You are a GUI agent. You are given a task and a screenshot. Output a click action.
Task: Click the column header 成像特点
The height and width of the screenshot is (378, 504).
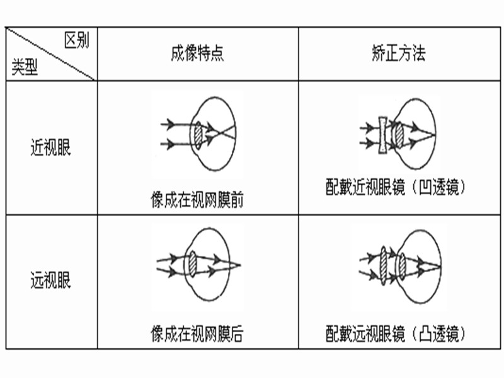click(x=197, y=53)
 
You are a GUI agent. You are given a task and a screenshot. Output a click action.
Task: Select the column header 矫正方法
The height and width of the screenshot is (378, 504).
click(x=399, y=53)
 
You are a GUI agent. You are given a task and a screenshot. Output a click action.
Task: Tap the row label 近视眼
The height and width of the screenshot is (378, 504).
click(x=50, y=147)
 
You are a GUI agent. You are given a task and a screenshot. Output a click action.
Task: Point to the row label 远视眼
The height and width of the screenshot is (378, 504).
click(x=50, y=280)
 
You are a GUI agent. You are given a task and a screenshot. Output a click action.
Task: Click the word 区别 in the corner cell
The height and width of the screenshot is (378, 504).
click(x=76, y=40)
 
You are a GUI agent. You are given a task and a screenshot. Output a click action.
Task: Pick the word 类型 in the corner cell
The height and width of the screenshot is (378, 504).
click(x=25, y=67)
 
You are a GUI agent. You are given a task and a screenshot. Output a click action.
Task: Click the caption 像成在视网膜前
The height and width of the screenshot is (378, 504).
click(x=197, y=200)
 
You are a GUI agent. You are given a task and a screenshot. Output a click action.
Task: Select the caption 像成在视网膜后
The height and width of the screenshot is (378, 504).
click(x=197, y=333)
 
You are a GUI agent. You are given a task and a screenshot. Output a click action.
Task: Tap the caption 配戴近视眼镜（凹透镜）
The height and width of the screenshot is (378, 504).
click(x=396, y=186)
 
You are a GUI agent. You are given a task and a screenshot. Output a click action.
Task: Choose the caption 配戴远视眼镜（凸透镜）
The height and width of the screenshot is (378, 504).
click(x=396, y=333)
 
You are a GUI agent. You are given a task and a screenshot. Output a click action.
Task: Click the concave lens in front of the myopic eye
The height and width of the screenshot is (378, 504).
click(x=382, y=135)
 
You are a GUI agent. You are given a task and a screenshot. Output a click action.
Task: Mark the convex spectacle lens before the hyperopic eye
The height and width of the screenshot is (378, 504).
click(x=383, y=265)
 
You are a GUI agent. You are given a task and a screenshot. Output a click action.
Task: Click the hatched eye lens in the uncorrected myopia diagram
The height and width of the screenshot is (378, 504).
click(x=198, y=135)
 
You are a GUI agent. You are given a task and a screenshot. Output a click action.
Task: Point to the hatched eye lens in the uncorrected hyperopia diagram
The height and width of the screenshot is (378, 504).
click(x=192, y=265)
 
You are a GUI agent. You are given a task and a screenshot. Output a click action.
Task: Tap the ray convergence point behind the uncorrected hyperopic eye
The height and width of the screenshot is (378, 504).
click(x=240, y=265)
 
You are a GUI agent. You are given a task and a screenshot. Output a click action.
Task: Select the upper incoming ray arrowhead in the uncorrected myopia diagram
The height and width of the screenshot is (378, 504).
click(x=170, y=123)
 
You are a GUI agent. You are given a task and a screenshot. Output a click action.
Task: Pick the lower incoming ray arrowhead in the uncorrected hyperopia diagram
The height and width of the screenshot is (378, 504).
click(x=172, y=272)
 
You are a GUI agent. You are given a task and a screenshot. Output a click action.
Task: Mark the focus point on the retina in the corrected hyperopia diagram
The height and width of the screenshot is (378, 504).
click(x=440, y=266)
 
